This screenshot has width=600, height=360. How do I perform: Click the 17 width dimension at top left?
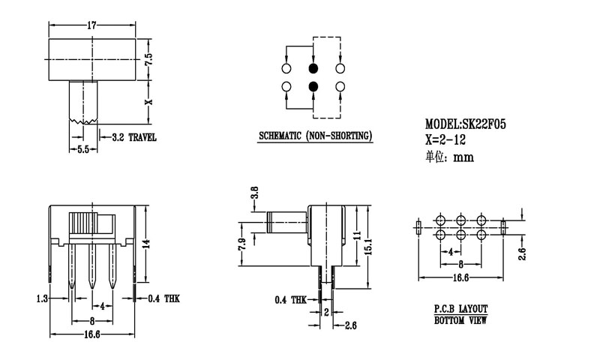[92, 25]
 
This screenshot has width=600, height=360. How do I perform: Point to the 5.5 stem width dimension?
[83, 150]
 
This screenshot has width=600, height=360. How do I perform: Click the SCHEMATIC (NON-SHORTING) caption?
[315, 136]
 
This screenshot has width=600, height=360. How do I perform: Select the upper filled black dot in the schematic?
[313, 68]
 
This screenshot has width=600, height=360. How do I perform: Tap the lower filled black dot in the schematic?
[313, 88]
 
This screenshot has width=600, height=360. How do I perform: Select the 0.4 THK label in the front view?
[164, 299]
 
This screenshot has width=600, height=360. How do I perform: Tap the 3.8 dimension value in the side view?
[254, 193]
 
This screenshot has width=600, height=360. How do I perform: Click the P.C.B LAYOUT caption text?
[460, 309]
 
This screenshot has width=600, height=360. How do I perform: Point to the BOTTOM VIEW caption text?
[460, 321]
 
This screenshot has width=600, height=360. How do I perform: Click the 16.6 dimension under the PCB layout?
[460, 278]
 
